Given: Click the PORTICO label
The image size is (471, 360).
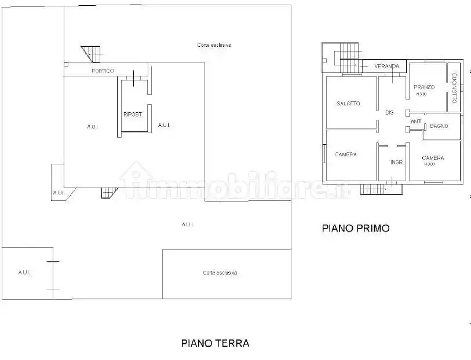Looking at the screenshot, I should coord(103,71).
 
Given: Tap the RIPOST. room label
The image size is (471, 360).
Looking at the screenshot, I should coord(133,114).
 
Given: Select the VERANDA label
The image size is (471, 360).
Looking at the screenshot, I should coord(386,66).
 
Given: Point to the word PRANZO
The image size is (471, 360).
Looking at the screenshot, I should coord(424,87).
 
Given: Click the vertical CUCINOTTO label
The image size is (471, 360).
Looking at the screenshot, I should coord(455,85).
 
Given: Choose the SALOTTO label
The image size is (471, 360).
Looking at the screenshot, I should coord(348,104).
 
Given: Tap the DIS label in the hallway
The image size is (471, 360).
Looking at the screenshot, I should coord(389,112).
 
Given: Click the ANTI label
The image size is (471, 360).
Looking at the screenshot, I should coord(416,122).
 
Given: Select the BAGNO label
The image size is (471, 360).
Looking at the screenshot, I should coord(439,126).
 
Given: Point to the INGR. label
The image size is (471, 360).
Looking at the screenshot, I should coord(397,162).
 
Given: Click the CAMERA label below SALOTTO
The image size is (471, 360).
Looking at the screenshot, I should coord(345,155).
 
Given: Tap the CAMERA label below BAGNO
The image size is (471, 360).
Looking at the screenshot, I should coord(433,157).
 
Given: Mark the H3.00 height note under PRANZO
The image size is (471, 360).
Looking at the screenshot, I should coord(421,94).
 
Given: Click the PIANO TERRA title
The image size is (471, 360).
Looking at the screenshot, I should coord(215,343).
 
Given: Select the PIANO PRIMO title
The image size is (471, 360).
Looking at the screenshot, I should coord(356,228).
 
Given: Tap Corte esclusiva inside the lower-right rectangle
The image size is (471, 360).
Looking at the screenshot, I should coord(220,273).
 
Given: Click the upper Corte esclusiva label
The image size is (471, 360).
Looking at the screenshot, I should coord(214,45).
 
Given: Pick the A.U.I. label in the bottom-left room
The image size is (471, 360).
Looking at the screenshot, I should coord(24,272).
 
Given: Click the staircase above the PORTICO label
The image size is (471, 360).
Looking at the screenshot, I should coord(91,53).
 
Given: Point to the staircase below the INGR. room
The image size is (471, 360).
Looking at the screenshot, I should coord(374,188).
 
